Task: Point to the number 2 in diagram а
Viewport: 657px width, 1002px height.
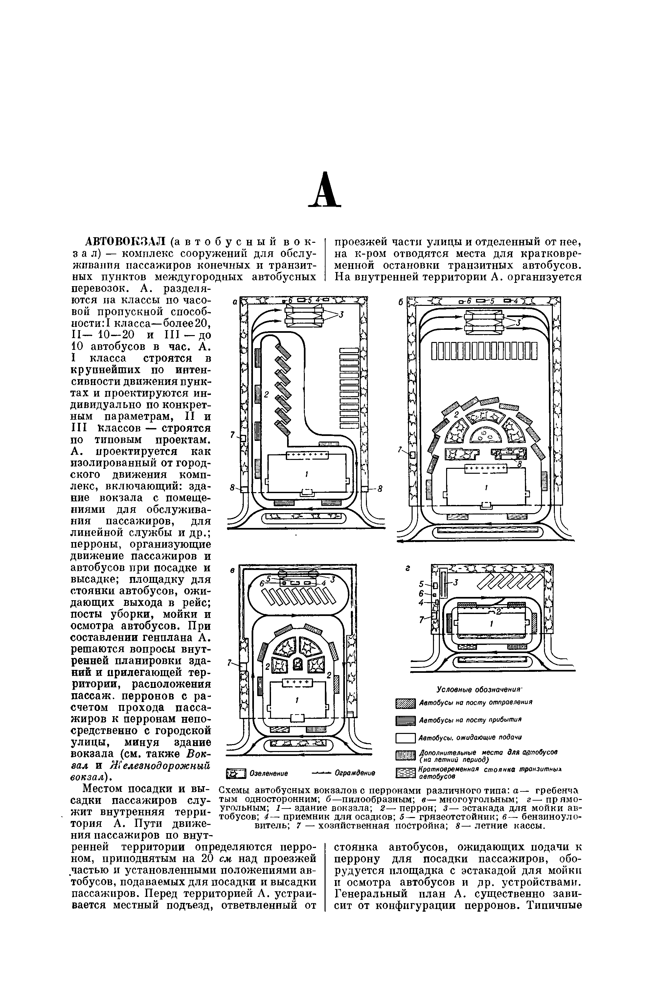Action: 266,395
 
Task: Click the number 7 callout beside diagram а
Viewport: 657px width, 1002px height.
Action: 232,435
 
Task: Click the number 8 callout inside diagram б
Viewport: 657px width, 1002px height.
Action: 519,464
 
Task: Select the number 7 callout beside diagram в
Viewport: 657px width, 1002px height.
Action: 229,663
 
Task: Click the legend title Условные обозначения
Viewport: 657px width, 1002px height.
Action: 479,689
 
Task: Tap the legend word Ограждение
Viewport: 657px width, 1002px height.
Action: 355,773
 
